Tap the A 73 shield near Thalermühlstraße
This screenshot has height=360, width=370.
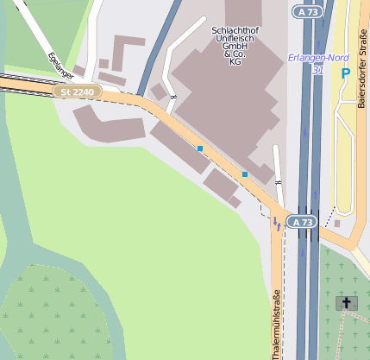(301, 222)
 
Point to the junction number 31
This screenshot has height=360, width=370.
(318, 70)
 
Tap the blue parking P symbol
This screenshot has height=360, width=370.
(345, 74)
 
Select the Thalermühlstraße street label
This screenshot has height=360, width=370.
(276, 325)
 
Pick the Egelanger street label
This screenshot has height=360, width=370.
(59, 63)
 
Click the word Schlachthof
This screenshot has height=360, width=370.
(235, 30)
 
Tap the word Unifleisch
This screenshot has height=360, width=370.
(235, 39)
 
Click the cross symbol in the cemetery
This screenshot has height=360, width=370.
(347, 302)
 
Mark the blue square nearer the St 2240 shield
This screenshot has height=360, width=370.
(200, 148)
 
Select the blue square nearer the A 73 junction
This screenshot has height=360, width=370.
(245, 174)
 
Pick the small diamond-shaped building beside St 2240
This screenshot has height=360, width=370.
(159, 92)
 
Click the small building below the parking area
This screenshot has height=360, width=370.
(337, 224)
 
